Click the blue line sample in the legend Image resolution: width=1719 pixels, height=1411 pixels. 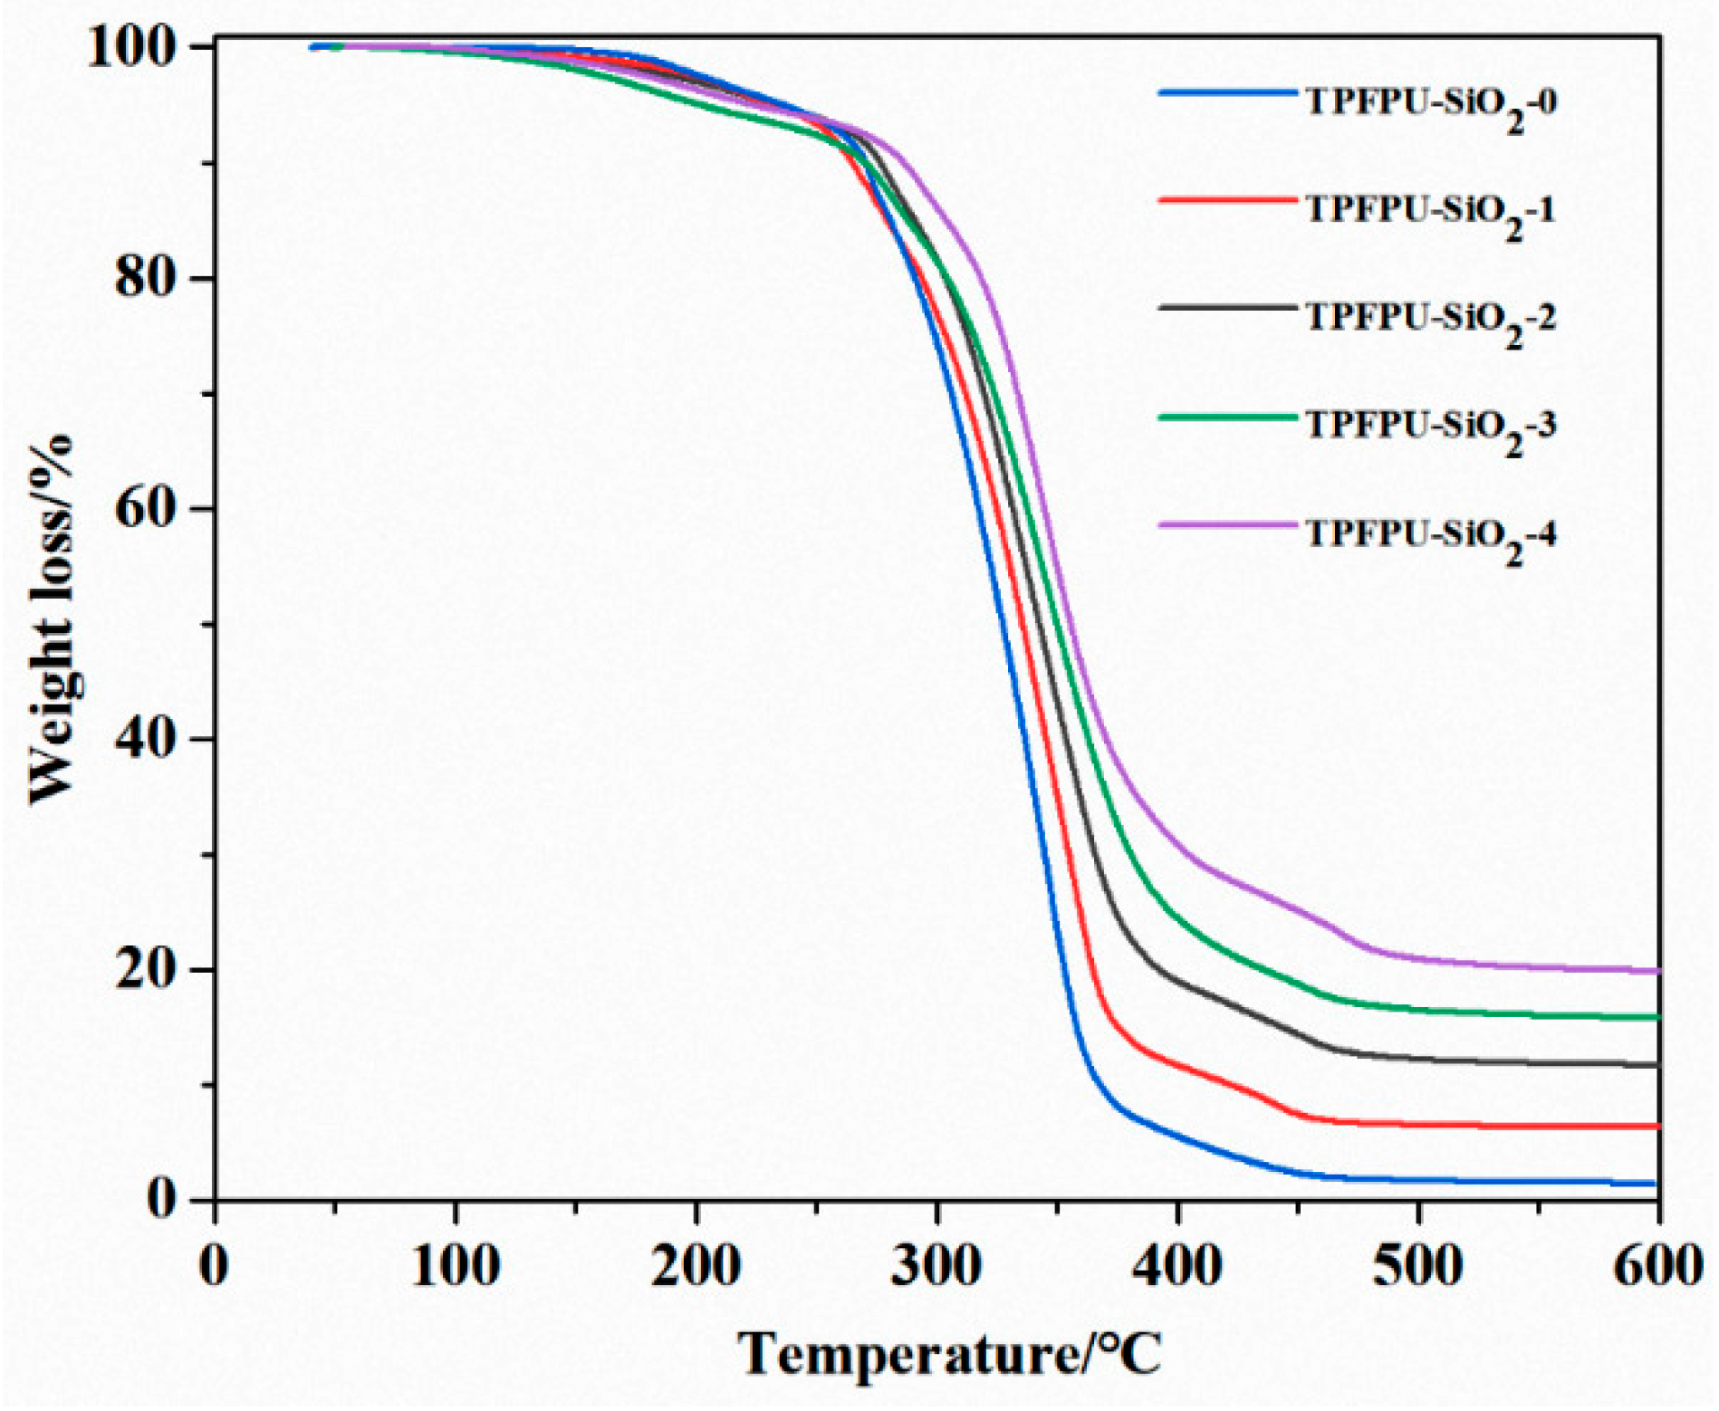(1228, 91)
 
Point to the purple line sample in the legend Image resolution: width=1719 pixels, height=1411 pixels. (1228, 524)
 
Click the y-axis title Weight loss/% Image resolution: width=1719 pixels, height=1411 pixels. (52, 620)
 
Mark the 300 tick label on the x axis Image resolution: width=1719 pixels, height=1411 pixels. (936, 1266)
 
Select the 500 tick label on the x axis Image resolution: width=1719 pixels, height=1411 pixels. (1417, 1266)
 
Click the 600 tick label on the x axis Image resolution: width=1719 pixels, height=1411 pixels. (1658, 1266)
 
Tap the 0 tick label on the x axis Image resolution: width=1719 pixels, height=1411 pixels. (214, 1266)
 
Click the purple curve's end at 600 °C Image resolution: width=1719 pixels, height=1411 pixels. (1657, 971)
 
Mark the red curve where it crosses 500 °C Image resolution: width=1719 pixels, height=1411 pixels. (1418, 1125)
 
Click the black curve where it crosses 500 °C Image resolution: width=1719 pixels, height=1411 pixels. (1418, 1058)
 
